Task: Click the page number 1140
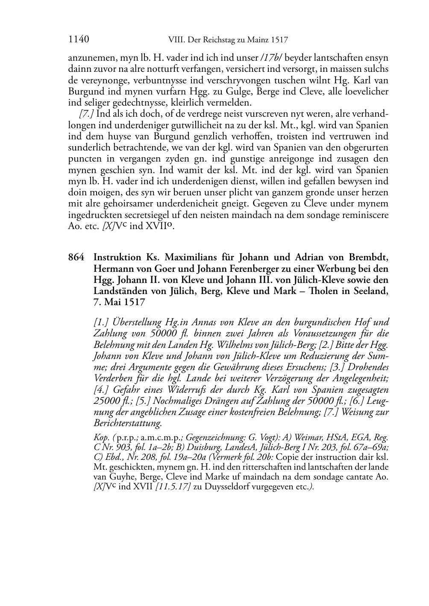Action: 78,40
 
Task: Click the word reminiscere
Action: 367,215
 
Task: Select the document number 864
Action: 76,258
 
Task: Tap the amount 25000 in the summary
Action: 107,401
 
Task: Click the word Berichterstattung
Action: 127,423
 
